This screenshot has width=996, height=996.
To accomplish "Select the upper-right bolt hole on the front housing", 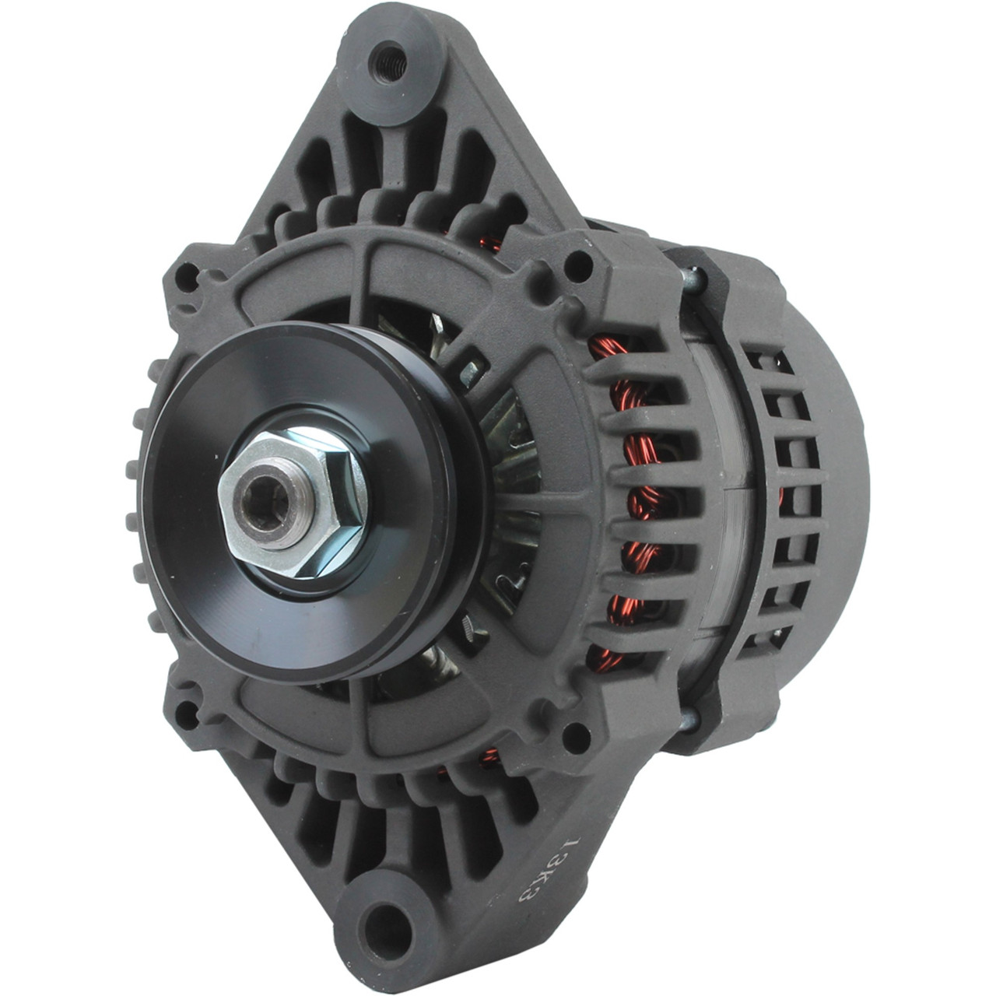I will click(577, 266).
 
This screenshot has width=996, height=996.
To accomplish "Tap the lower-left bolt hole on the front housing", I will click(186, 714).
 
